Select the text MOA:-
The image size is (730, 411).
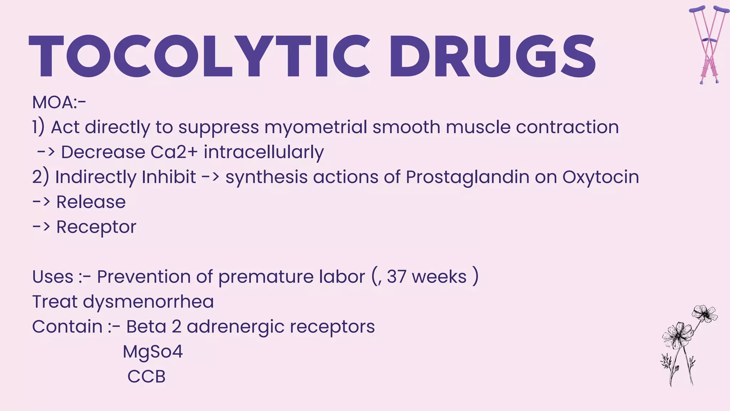click(59, 102)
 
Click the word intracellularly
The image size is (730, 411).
click(264, 152)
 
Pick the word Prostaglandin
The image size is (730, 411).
click(467, 177)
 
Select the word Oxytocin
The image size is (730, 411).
click(601, 177)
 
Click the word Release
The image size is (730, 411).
click(91, 202)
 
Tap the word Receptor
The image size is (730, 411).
click(96, 227)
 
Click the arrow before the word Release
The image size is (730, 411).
click(41, 202)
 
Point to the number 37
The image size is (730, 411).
click(396, 277)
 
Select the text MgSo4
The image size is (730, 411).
click(153, 352)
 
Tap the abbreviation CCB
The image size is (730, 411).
click(146, 377)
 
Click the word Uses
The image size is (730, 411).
click(53, 277)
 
